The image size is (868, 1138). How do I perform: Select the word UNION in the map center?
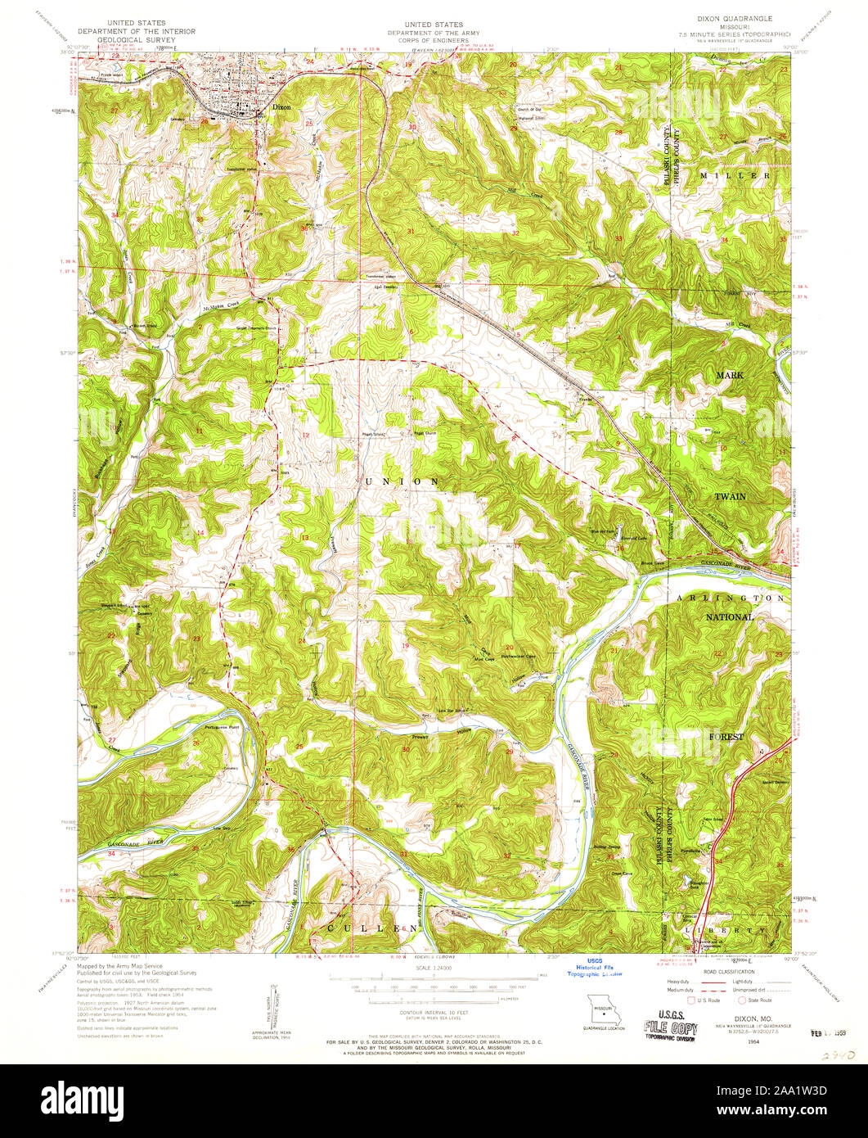[403, 481]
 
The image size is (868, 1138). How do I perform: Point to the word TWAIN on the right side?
[731, 496]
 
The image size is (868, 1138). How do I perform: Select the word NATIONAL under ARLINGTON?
[731, 616]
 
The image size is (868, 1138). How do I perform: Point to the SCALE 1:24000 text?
[434, 969]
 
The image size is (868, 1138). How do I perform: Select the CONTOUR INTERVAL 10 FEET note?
[434, 1013]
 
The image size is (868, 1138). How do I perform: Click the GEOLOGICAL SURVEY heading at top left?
[136, 38]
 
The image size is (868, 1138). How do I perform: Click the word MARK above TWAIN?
[730, 374]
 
